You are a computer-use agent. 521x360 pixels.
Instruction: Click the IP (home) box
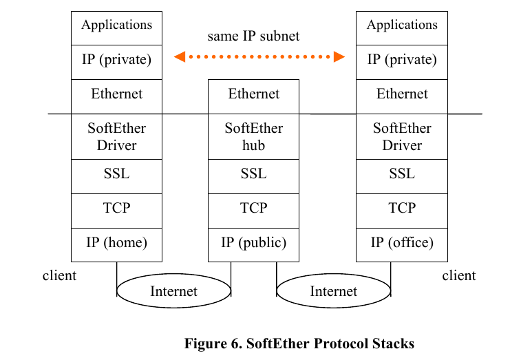tap(116, 245)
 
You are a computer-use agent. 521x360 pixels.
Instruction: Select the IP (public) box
tap(253, 245)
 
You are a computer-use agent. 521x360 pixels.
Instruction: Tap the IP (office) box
tap(402, 245)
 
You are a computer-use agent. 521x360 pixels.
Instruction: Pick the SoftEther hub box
tap(253, 136)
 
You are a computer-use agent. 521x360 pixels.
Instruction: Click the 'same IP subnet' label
tap(253, 36)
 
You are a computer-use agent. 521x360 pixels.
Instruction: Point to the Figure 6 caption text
tap(299, 343)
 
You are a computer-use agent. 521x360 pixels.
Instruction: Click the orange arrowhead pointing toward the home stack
tap(180, 56)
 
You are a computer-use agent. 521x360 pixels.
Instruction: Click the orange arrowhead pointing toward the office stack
tap(339, 56)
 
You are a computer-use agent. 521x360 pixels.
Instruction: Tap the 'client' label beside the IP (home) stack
tap(59, 275)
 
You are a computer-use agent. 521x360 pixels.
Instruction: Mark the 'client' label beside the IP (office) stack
tap(459, 275)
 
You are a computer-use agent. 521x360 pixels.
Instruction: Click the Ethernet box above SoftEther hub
tap(253, 97)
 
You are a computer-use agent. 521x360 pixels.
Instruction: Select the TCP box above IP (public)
tap(253, 211)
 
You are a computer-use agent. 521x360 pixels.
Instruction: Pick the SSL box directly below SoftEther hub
tap(253, 176)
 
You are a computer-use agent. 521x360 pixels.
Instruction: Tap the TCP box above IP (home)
tap(116, 211)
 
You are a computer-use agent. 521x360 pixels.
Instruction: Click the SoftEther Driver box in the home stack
tap(116, 136)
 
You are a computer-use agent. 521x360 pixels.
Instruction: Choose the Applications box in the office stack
tap(402, 28)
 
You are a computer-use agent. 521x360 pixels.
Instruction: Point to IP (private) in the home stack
tap(116, 62)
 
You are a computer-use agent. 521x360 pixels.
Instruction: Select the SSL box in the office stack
tap(402, 176)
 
